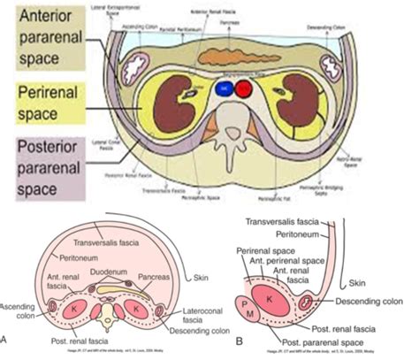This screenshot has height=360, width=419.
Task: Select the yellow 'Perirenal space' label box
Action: [44, 100]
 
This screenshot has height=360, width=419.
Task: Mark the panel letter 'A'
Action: [7, 340]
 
